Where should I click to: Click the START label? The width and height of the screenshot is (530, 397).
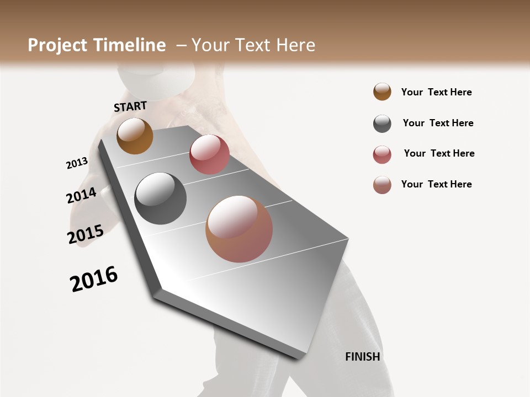[x=130, y=106]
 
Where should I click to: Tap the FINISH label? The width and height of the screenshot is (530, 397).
[x=362, y=357]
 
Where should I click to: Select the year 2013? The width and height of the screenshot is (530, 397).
[x=77, y=163]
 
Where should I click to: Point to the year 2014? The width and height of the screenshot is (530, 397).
[x=81, y=195]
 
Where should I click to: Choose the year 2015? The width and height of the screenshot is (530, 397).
[x=86, y=234]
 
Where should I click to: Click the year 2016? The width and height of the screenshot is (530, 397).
[x=94, y=279]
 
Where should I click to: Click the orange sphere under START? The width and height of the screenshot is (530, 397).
[x=135, y=136]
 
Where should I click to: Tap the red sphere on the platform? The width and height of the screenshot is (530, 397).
[x=209, y=154]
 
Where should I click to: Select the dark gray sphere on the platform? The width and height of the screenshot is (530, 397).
[x=161, y=198]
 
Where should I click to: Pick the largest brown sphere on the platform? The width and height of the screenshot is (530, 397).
[x=239, y=229]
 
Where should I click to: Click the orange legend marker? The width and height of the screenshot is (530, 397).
[x=382, y=92]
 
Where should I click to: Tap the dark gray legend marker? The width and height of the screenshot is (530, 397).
[x=382, y=124]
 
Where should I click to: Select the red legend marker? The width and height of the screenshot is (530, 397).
[x=382, y=154]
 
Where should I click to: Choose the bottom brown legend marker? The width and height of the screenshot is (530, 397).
[x=382, y=185]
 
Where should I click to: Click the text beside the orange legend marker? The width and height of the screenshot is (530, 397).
[x=436, y=92]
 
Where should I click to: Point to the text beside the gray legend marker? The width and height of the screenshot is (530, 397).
[x=438, y=123]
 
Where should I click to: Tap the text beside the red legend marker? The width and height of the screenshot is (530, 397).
[x=439, y=153]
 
